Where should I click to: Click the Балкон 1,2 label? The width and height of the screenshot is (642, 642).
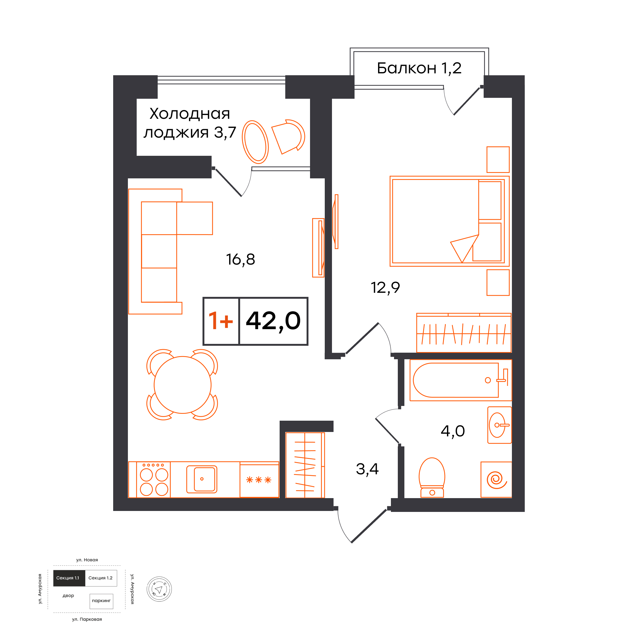(x=419, y=68)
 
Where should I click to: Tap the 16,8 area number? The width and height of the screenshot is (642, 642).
(x=240, y=260)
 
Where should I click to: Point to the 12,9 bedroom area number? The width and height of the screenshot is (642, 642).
(x=385, y=288)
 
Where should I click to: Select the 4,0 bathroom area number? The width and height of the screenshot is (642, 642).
(x=453, y=431)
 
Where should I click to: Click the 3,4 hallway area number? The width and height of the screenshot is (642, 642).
(x=367, y=469)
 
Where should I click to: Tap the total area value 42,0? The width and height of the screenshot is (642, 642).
(x=273, y=321)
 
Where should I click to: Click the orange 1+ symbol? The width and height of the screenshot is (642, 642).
(x=221, y=321)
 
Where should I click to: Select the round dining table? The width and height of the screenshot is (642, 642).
(x=182, y=385)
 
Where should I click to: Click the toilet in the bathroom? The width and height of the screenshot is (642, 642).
(x=432, y=477)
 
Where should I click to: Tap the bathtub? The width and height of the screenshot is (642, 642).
(x=460, y=380)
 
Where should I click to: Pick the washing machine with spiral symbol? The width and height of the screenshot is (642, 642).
(x=496, y=480)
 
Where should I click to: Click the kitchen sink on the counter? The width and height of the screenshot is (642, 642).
(x=202, y=479)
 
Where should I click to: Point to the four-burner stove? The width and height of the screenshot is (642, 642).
(x=154, y=480)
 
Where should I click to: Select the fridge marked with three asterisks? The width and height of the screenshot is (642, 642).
(x=259, y=480)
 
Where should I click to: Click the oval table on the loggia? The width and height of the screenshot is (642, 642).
(x=255, y=142)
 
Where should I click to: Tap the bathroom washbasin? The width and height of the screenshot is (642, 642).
(x=499, y=425)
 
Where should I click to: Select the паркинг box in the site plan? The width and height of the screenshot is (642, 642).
(x=101, y=601)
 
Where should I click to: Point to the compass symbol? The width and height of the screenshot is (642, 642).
(x=159, y=589)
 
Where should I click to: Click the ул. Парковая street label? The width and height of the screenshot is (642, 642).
(x=87, y=619)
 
